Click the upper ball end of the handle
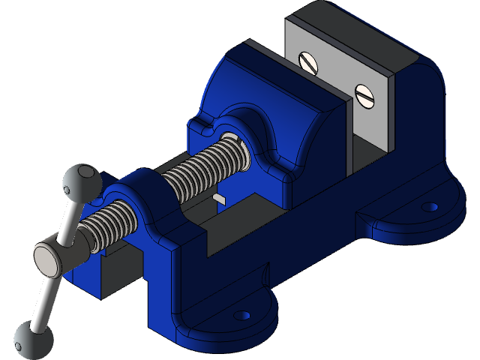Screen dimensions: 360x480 coord(79,180)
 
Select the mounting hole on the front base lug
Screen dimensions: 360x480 coord(241,316)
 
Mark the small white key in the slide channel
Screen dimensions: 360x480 coord(219,198)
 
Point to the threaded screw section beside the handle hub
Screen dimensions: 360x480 coord(109,225)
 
